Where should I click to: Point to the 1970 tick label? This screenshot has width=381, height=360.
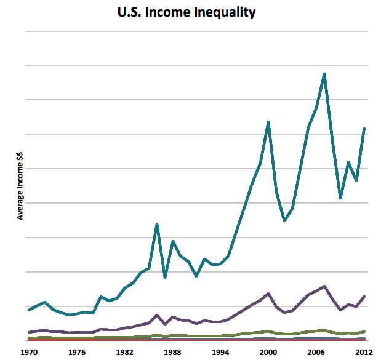[x=28, y=352]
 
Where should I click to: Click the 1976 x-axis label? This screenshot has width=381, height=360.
[x=76, y=352]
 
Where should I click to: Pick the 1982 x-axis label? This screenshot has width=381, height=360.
[x=124, y=352]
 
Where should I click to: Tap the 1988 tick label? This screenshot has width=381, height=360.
[x=172, y=352]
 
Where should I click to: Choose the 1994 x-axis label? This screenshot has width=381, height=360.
[x=220, y=352]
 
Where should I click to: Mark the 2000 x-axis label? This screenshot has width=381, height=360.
[x=268, y=352]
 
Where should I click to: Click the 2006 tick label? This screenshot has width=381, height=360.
[x=316, y=352]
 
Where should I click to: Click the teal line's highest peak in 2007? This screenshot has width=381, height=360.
[x=324, y=74]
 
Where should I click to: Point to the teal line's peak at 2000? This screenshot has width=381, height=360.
[x=268, y=122]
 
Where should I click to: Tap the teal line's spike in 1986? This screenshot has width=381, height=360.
[x=157, y=224]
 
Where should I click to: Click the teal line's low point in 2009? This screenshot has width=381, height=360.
[x=340, y=198]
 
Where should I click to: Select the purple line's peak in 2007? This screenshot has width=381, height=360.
[x=324, y=286]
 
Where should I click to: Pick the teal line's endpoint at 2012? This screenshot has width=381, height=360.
[x=364, y=129]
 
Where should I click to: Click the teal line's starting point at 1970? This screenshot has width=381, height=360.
[x=29, y=310]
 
